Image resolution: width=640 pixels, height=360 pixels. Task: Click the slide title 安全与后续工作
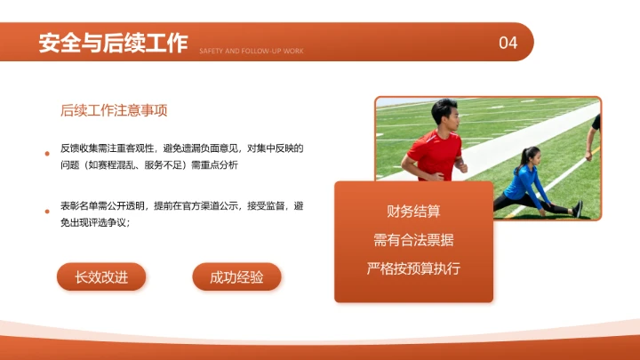(x=113, y=43)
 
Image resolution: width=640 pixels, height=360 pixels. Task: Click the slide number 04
(x=508, y=43)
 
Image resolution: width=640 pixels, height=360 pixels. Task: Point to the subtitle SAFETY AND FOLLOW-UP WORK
(x=252, y=52)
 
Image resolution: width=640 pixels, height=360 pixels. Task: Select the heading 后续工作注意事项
(x=115, y=111)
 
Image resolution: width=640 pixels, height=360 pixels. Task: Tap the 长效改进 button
(x=101, y=277)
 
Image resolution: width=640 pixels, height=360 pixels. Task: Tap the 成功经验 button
(x=236, y=277)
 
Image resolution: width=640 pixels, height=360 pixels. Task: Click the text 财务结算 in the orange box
(x=413, y=212)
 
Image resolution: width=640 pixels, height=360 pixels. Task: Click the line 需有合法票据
(x=413, y=240)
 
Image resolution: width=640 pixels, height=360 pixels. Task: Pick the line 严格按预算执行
(x=413, y=268)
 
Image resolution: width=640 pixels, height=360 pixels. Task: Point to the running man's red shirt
(x=436, y=151)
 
